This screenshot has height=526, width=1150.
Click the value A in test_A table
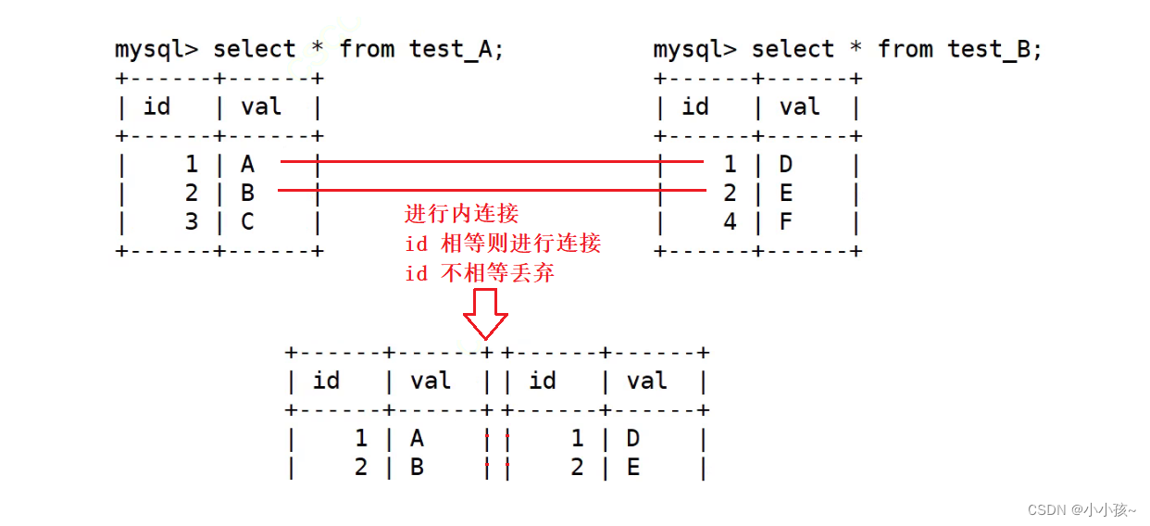[x=247, y=165]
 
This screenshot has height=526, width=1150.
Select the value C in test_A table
[x=247, y=222]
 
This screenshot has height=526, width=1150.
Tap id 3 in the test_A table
[x=191, y=222]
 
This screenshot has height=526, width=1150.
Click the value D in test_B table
[x=786, y=165]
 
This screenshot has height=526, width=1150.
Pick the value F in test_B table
[x=786, y=222]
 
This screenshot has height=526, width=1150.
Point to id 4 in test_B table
[x=730, y=222]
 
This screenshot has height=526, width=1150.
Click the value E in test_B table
[x=786, y=194]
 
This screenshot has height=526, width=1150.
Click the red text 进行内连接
[x=461, y=214]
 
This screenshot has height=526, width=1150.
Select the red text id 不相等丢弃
[x=480, y=273]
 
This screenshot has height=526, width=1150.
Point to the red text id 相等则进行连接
[x=503, y=244]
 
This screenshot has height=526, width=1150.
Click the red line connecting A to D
[x=491, y=161]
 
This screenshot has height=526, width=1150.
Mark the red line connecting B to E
[x=491, y=191]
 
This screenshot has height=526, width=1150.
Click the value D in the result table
[x=633, y=438]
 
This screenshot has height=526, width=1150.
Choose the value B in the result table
[x=417, y=468]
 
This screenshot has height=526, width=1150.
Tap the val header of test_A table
[x=261, y=107]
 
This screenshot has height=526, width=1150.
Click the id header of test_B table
[x=695, y=107]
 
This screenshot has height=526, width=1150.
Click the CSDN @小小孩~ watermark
[x=1082, y=508]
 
